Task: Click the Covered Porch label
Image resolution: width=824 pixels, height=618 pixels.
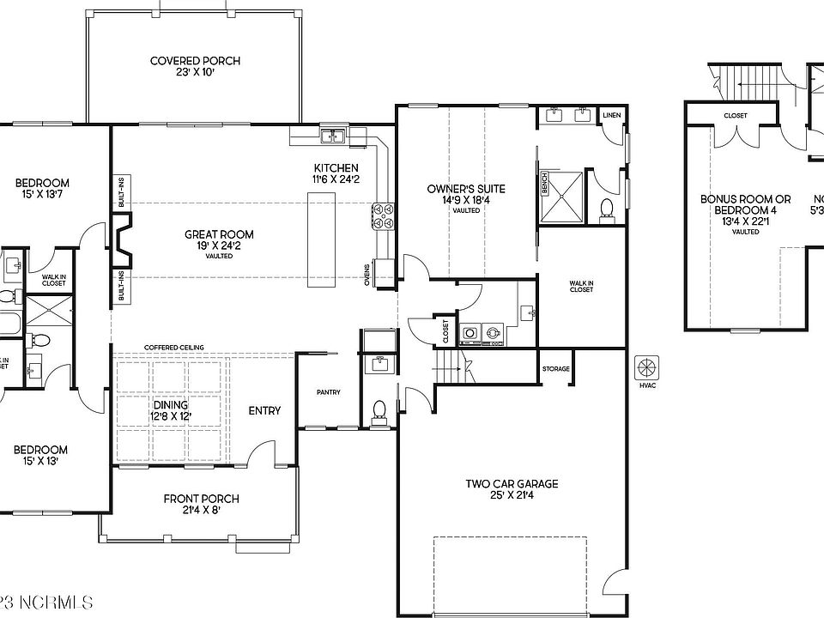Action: [195, 61]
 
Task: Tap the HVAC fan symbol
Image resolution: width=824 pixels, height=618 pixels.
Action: [645, 368]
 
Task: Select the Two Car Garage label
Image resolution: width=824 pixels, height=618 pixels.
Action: [512, 484]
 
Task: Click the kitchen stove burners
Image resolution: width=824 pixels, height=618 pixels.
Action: [383, 215]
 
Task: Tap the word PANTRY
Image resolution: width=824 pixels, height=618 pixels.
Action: [328, 392]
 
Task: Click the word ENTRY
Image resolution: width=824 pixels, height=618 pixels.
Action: [264, 410]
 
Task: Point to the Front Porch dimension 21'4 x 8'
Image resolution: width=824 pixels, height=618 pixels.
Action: [201, 512]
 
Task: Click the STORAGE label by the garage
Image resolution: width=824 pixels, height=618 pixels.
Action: [555, 369]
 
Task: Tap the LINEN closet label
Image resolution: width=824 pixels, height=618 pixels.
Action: [611, 115]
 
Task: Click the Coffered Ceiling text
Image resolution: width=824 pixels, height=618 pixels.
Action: [173, 347]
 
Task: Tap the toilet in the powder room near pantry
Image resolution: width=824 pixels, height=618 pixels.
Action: [379, 411]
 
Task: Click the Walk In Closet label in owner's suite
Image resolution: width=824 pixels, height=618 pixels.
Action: [581, 286]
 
